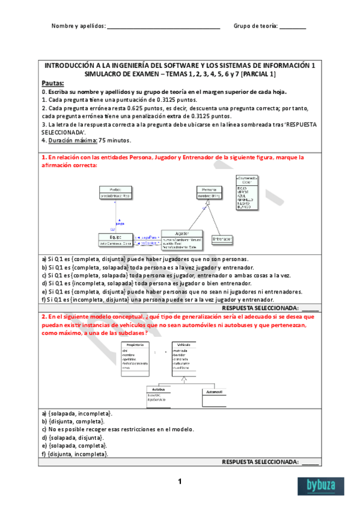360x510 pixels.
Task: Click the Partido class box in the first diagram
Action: [x=115, y=192]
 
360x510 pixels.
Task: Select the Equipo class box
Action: [x=115, y=239]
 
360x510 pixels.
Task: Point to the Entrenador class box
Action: [x=222, y=239]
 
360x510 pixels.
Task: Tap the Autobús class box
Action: [x=159, y=398]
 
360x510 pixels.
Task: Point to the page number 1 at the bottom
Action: [x=179, y=482]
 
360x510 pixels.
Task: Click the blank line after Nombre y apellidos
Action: [x=163, y=27]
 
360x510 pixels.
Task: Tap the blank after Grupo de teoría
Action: [x=293, y=27]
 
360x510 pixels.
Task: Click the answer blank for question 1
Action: [x=311, y=308]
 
